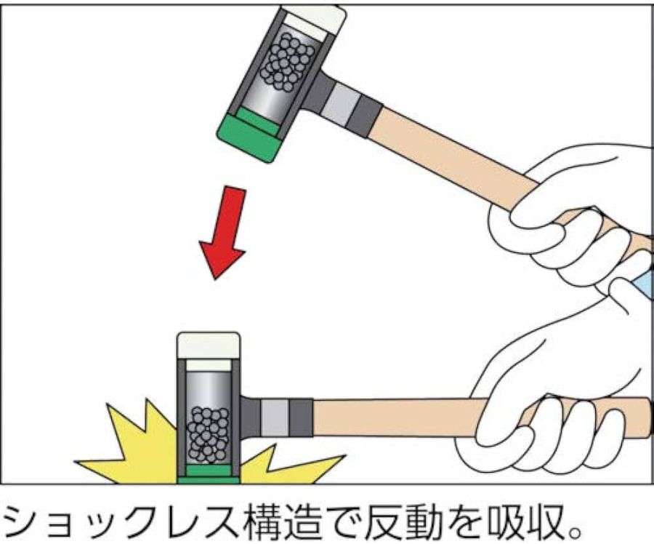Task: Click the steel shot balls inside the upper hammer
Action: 286,63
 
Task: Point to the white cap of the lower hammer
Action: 209,345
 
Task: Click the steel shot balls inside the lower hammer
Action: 208,435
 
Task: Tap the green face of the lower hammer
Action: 208,475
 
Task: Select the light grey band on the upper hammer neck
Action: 342,104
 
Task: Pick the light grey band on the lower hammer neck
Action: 275,417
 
